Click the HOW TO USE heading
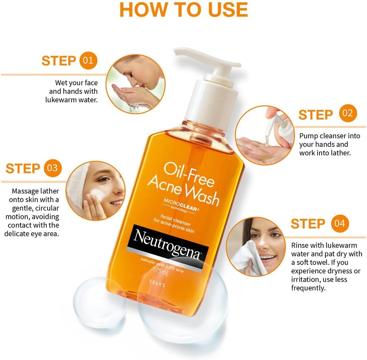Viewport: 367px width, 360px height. click(x=183, y=10)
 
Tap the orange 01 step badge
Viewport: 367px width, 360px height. click(x=88, y=61)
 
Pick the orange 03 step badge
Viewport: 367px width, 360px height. click(x=52, y=168)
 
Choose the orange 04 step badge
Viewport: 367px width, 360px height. click(x=340, y=224)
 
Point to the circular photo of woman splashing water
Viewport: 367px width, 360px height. click(x=133, y=83)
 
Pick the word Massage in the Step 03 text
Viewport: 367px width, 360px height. click(x=26, y=191)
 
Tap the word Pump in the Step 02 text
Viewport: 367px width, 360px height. click(x=308, y=136)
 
